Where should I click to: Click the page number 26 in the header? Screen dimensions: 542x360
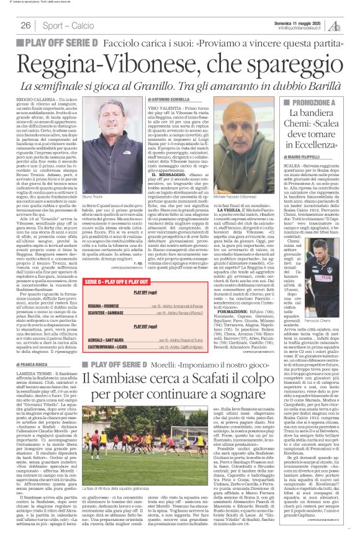pos(26,25)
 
